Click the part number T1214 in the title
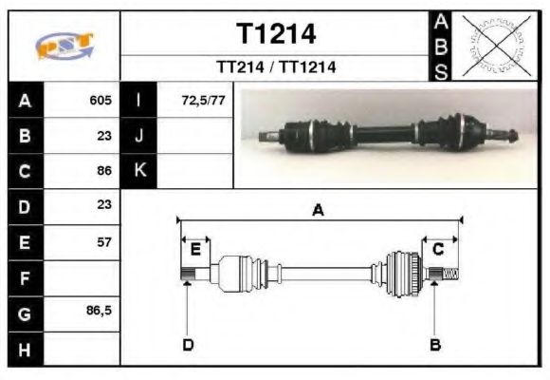click(276, 34)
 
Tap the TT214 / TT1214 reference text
click(276, 67)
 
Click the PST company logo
click(65, 46)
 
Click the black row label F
click(25, 277)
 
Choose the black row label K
click(140, 171)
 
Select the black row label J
click(140, 136)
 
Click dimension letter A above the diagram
click(319, 211)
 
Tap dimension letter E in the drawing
click(195, 250)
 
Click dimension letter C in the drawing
click(438, 250)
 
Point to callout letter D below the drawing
click(188, 344)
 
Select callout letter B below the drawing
click(435, 344)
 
